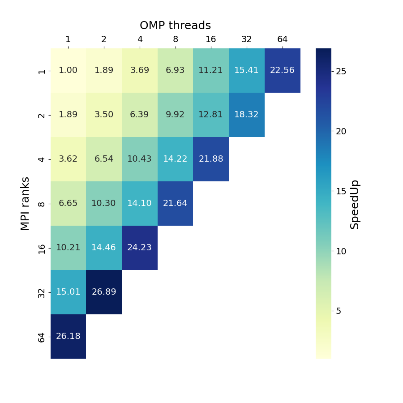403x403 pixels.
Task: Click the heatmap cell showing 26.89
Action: click(x=104, y=292)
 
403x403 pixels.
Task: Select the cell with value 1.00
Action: click(x=68, y=70)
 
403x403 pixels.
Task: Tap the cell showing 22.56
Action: click(x=282, y=70)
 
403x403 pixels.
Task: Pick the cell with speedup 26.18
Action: click(x=68, y=336)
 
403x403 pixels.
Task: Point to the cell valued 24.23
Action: click(x=140, y=248)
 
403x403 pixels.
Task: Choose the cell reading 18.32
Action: click(x=246, y=115)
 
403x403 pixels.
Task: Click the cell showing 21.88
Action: click(x=211, y=159)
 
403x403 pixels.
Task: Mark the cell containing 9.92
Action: click(x=175, y=115)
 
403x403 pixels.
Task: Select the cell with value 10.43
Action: click(x=140, y=159)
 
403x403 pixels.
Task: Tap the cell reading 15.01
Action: click(x=68, y=292)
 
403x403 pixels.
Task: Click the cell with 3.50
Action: click(x=104, y=115)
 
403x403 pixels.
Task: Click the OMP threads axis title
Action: click(x=175, y=26)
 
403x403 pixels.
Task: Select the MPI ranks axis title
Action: click(x=26, y=203)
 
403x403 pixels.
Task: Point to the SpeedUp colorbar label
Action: click(x=355, y=204)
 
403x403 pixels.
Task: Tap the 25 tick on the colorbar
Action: click(x=341, y=72)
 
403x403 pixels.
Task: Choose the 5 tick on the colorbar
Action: click(x=339, y=311)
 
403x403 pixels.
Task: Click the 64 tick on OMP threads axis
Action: click(x=282, y=40)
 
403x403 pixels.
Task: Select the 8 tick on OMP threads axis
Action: click(x=175, y=40)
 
